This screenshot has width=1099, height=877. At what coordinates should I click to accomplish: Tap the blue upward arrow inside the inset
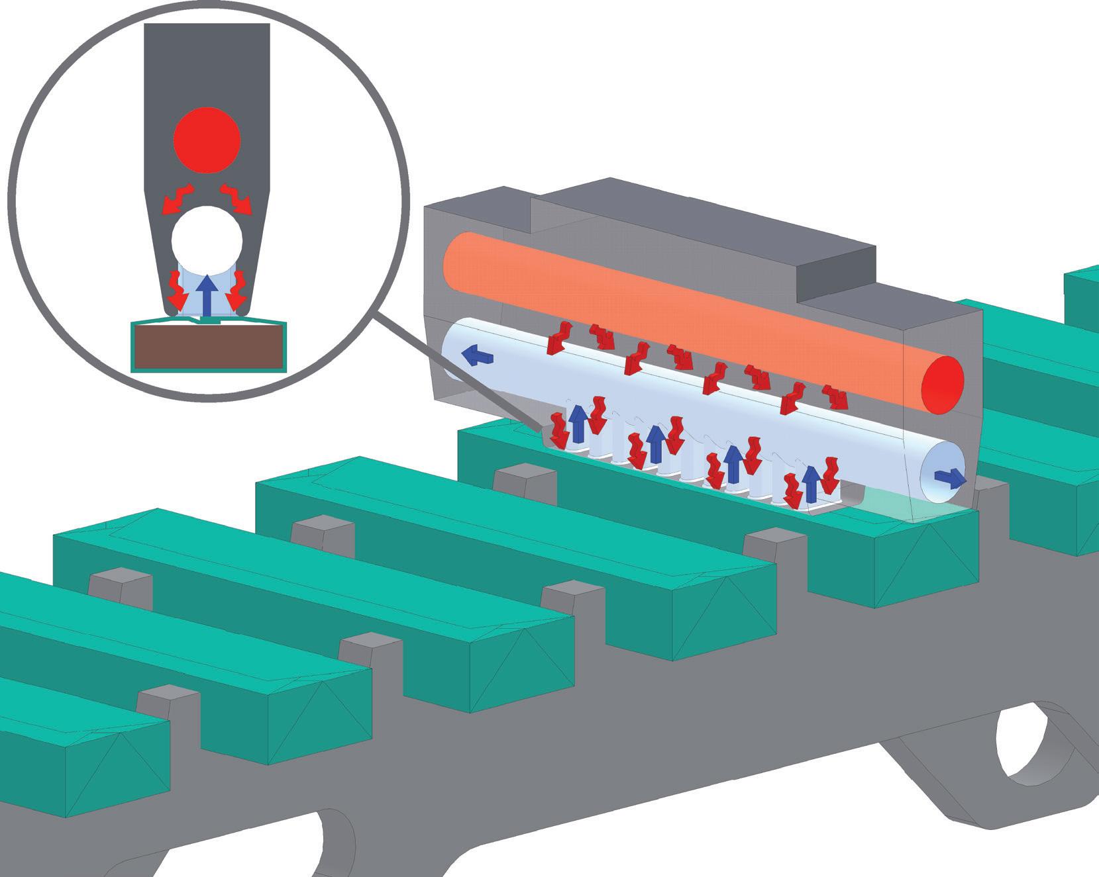207,294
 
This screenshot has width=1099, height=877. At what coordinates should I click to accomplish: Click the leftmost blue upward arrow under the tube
579,422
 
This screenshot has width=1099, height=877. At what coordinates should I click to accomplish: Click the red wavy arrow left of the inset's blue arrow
176,290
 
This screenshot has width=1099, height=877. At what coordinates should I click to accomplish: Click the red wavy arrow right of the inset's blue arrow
236,290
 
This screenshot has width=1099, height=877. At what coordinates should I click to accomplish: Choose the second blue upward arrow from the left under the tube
656,443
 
